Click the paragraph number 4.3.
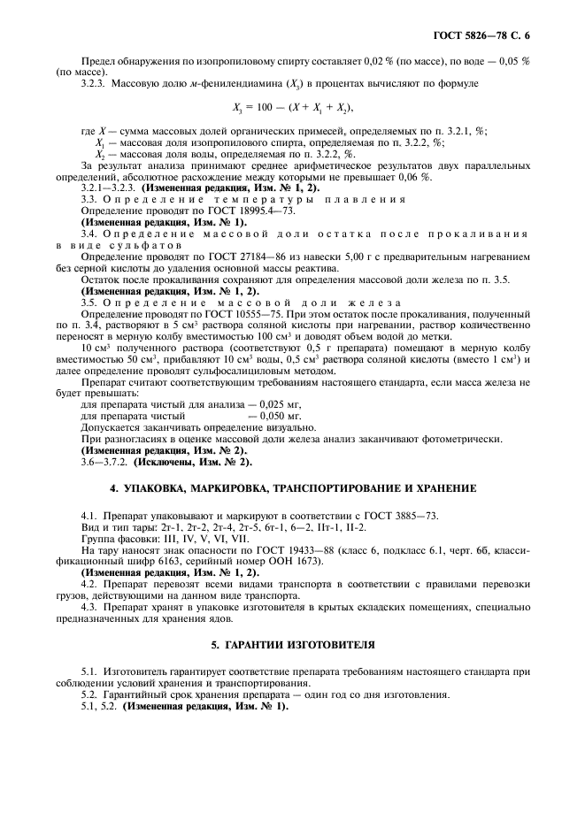point(90,606)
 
